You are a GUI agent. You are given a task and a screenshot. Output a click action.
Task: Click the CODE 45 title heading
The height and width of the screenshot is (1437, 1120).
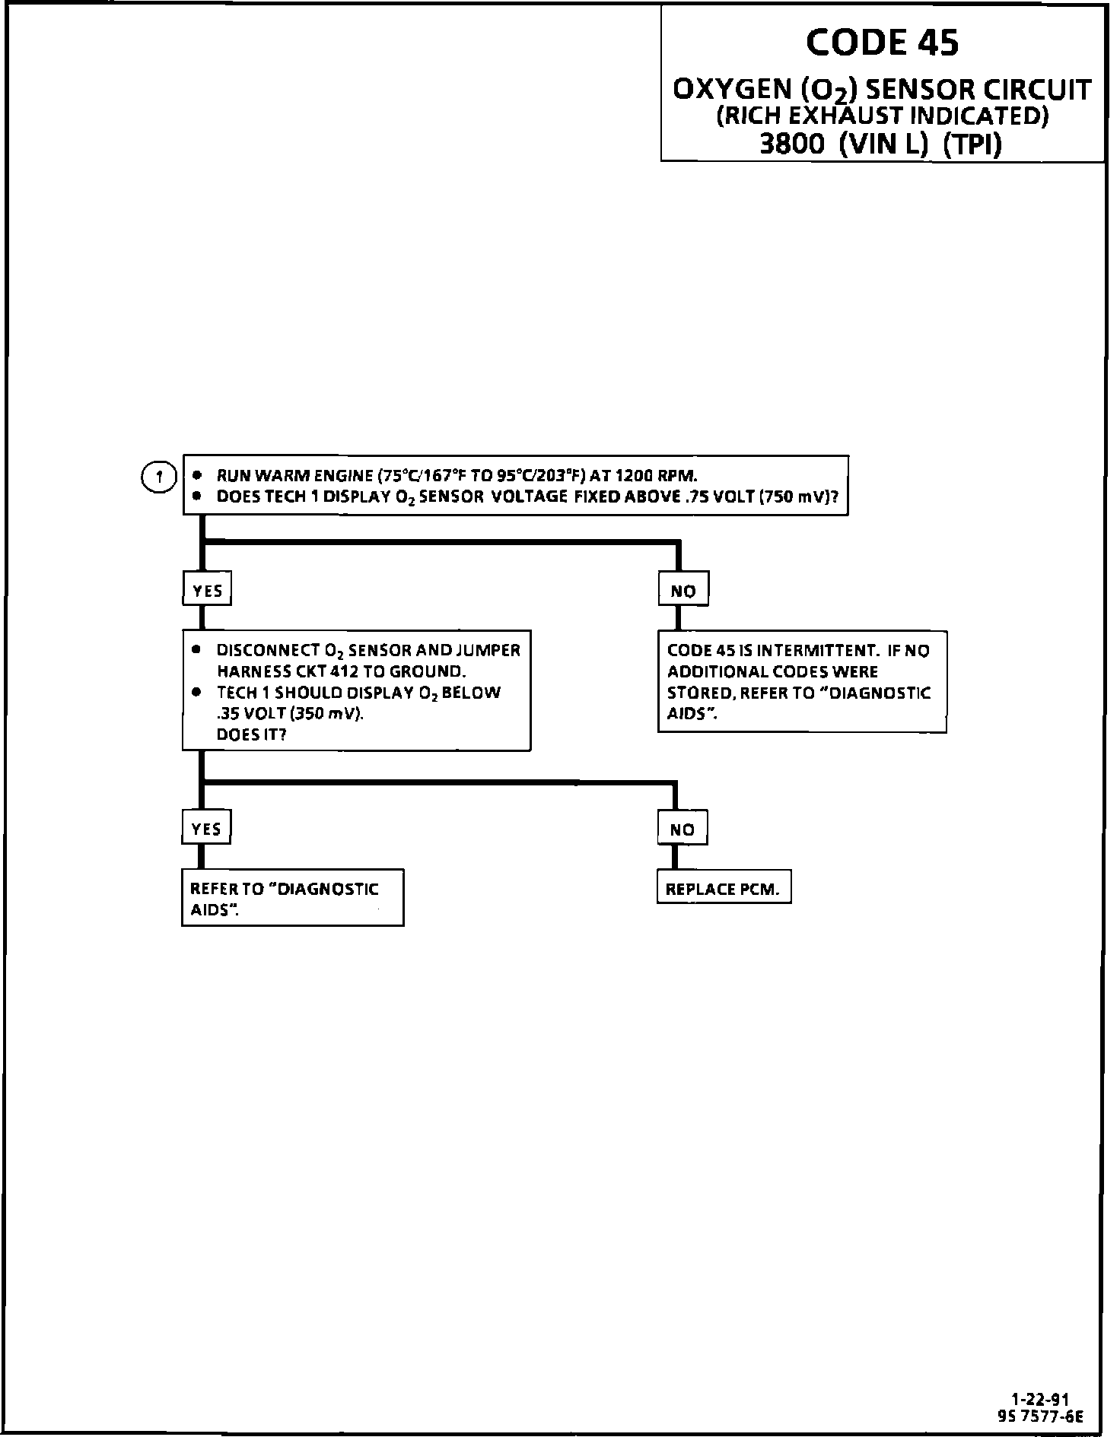882,43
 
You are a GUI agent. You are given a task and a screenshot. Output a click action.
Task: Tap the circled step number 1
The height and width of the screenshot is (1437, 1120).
159,477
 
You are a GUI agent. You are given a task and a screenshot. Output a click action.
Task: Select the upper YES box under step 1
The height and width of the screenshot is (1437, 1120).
207,590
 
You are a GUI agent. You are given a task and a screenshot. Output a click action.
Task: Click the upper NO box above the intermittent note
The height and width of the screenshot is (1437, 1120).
683,590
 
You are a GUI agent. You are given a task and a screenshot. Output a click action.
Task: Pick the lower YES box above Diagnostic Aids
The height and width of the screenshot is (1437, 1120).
206,829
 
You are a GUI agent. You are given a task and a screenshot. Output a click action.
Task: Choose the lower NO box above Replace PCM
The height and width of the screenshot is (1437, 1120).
682,830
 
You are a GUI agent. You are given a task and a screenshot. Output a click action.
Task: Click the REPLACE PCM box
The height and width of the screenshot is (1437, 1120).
723,889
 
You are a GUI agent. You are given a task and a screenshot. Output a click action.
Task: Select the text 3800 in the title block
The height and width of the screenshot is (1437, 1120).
792,144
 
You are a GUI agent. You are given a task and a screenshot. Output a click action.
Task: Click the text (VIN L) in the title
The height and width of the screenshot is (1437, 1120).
883,144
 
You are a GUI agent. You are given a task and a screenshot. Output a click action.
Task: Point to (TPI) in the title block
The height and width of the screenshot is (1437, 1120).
972,144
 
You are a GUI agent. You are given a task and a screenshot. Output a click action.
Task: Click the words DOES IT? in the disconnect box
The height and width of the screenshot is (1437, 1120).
251,735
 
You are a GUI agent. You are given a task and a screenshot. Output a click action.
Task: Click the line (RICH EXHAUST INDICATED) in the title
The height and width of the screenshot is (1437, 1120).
883,116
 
